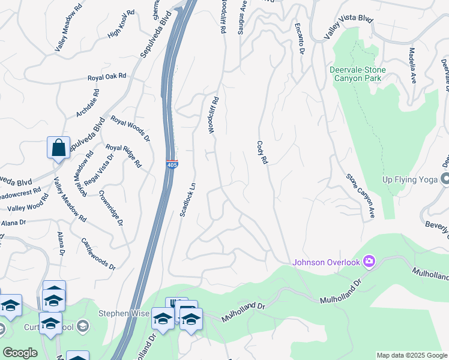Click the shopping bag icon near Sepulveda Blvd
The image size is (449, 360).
(58, 148)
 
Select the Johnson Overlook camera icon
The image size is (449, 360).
(369, 261)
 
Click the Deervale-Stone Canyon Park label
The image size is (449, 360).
(358, 74)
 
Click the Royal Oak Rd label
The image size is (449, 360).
(107, 77)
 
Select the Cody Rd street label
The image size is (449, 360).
(261, 153)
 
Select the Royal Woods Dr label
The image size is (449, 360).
(129, 128)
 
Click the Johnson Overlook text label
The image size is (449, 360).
(327, 262)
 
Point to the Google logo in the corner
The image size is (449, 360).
(19, 353)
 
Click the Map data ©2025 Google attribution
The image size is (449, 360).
(412, 355)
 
